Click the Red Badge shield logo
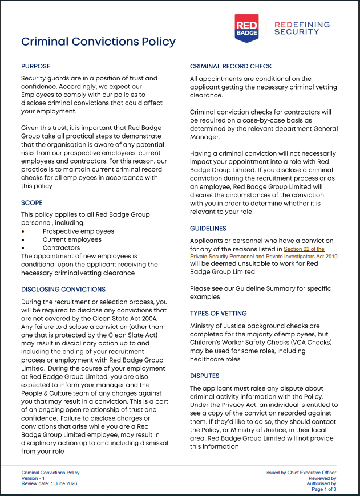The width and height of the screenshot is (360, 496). (246, 28)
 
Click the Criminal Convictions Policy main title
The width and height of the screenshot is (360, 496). (98, 42)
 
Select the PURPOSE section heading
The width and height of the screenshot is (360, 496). (35, 66)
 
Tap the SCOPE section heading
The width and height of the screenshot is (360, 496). (32, 202)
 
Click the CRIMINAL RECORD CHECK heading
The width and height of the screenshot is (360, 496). (230, 66)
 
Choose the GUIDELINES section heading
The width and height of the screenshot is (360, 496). (208, 228)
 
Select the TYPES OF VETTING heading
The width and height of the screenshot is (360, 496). (218, 313)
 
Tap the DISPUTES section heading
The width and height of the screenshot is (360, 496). (204, 376)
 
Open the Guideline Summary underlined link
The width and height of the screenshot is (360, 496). (265, 288)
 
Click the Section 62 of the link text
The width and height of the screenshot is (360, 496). (304, 249)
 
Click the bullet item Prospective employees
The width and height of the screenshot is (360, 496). (78, 231)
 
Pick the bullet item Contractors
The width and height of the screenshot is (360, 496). (61, 248)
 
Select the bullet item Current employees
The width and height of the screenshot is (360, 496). (72, 239)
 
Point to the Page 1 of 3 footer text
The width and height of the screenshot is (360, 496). (323, 489)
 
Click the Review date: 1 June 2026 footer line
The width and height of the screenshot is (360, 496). (49, 483)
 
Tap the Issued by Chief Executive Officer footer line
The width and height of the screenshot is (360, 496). (301, 473)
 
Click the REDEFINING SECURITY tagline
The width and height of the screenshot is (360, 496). (302, 28)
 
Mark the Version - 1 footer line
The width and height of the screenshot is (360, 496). (37, 478)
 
